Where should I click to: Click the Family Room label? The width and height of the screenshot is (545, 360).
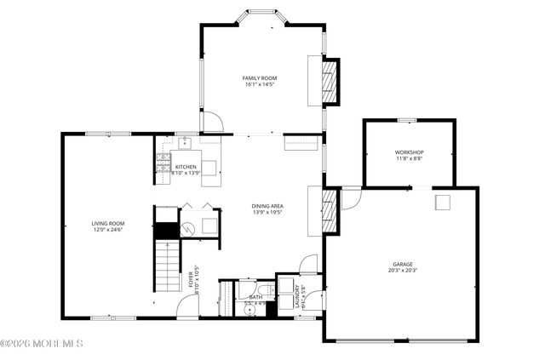pos(261,78)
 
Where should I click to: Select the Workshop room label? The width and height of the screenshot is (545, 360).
pos(410,152)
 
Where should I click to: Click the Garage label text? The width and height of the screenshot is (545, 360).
pos(403,264)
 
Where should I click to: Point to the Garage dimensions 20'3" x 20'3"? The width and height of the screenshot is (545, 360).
pos(403,271)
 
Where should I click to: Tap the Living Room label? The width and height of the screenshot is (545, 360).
pos(108,224)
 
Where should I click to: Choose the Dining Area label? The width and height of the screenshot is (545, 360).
pos(267,206)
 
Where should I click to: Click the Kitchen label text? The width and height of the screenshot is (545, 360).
pos(186,167)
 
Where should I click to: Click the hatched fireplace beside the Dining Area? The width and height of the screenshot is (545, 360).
pos(330,211)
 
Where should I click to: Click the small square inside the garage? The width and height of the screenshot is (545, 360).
pos(443,202)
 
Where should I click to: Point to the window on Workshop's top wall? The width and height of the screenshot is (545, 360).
pos(406,120)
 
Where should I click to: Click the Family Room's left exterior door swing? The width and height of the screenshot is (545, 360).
pos(212,123)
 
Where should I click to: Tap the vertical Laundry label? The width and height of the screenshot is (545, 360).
pos(298,294)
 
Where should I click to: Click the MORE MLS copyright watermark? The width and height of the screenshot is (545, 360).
pos(43,344)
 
